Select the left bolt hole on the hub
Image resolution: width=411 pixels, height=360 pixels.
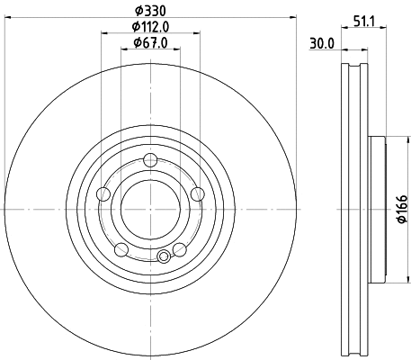[103, 193]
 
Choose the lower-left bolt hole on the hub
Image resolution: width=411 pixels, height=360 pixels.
[121, 248]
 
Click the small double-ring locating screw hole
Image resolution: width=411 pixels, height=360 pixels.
[164, 257]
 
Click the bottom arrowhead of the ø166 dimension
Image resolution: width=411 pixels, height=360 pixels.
[390, 279]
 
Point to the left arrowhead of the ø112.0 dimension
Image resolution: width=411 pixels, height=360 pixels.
[103, 34]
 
